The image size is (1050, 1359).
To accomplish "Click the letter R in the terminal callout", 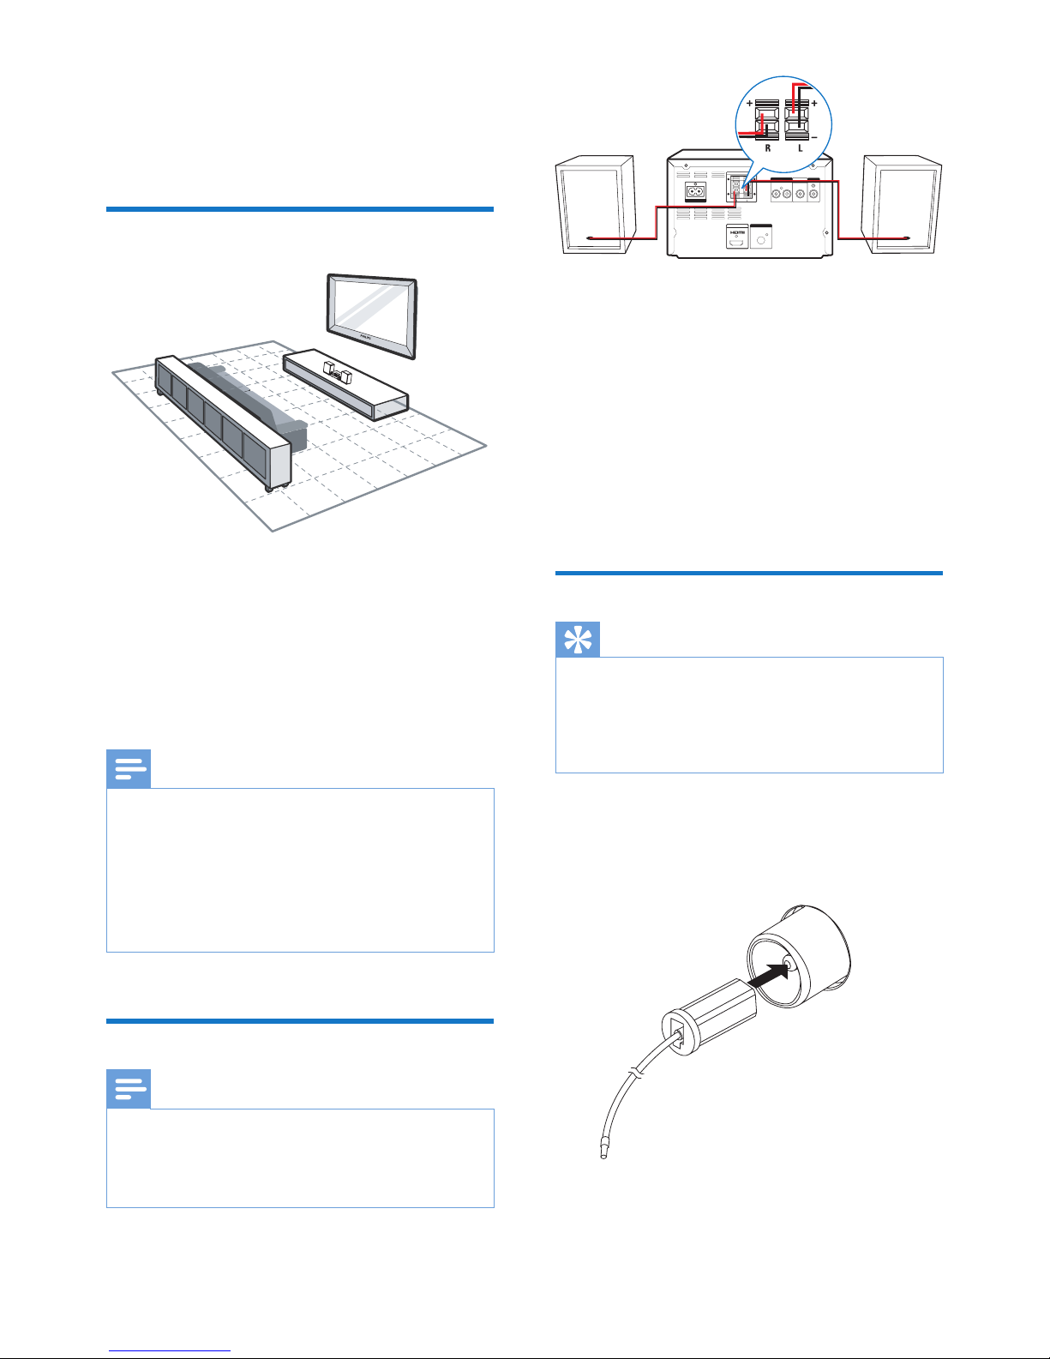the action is coord(768,147).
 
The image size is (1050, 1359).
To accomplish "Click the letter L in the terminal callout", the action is coord(801,147).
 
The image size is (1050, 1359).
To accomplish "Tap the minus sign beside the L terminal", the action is coord(814,136).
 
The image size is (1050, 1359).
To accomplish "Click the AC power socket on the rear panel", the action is coord(695,192).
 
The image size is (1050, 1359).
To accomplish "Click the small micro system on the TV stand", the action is coord(336,372).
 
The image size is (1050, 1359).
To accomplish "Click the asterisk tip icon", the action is coord(578,640).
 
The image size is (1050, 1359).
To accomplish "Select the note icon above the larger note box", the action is coord(129,769).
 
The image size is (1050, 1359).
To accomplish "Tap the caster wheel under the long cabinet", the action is coord(270,488).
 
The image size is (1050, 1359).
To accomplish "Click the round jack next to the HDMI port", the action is coord(760,239).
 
